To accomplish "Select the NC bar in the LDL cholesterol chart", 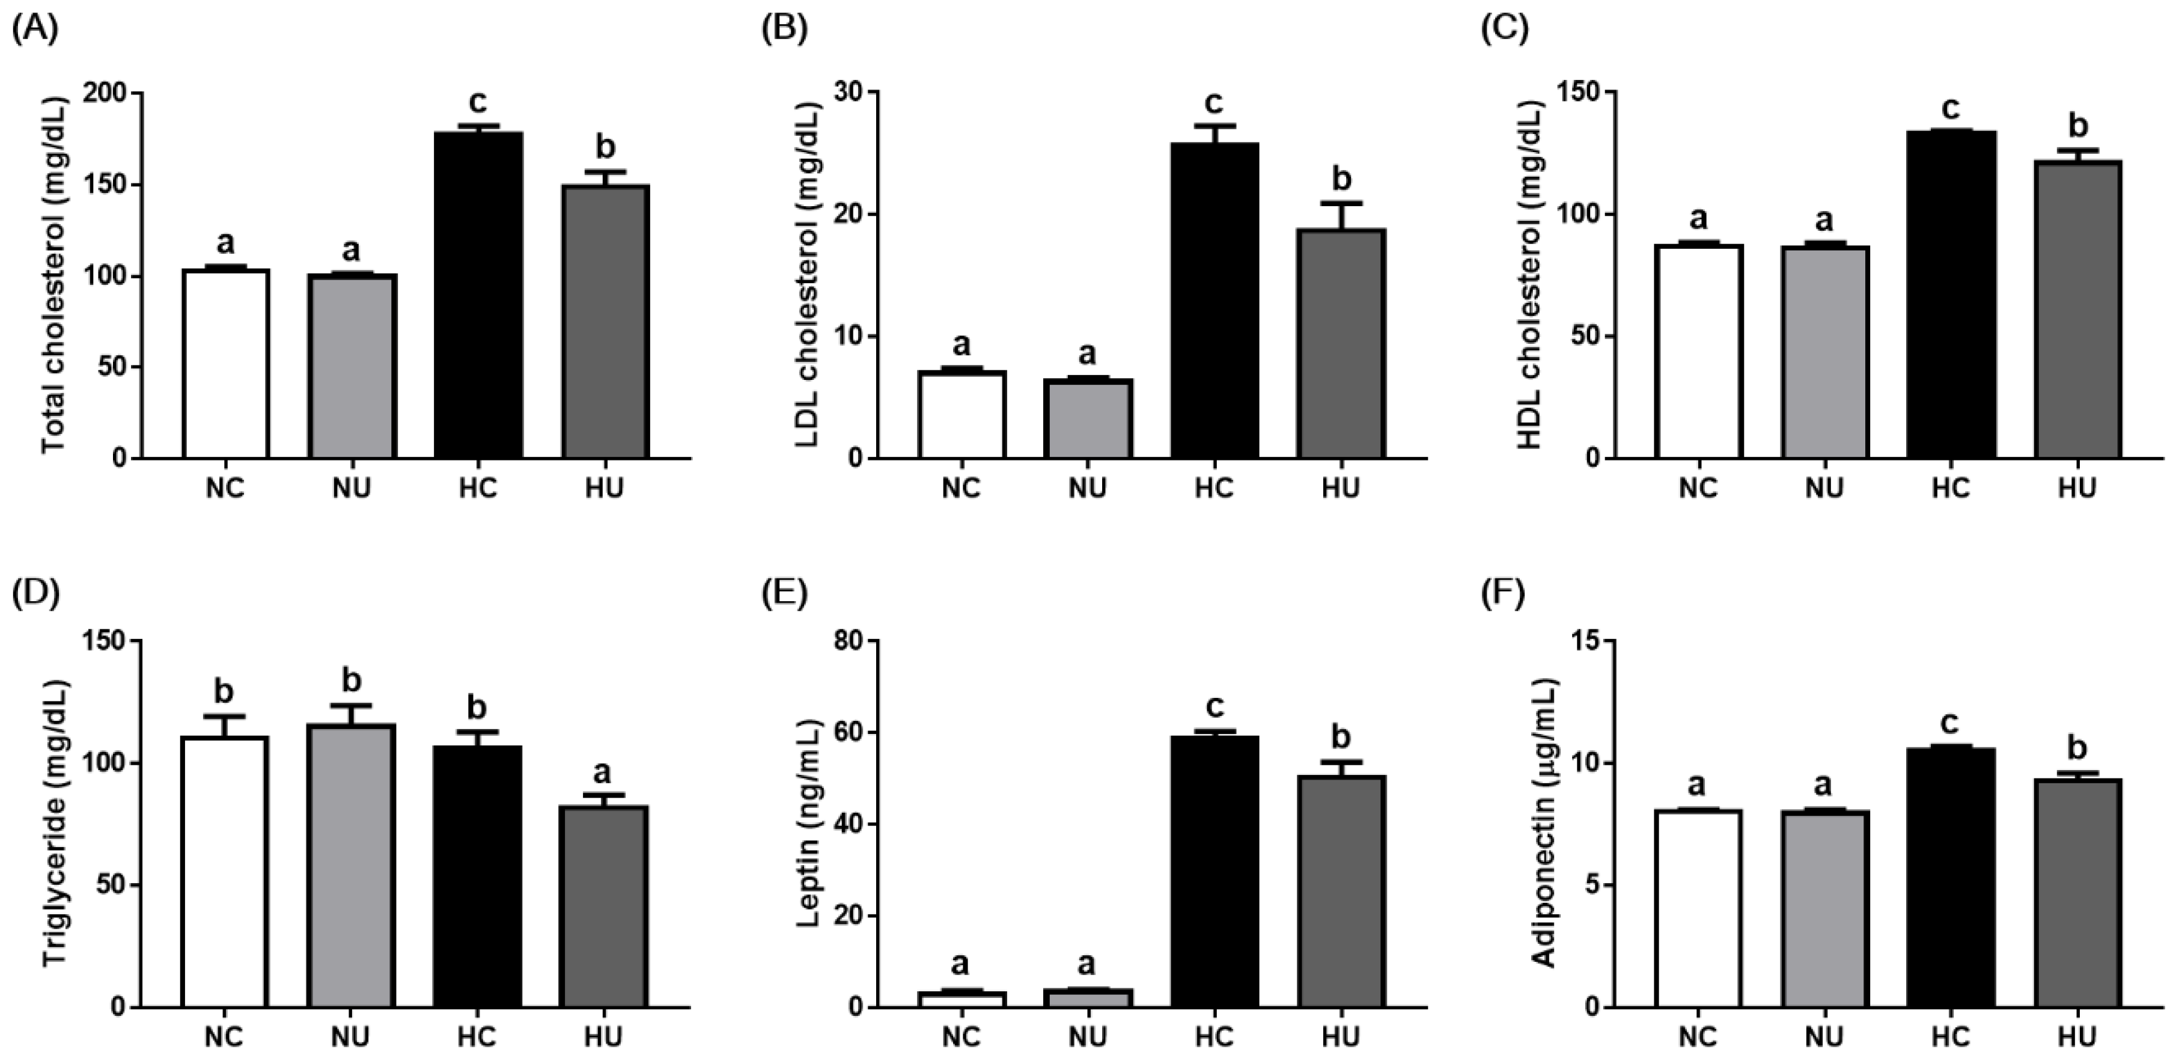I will pos(962,415).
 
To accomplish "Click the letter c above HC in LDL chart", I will pos(1213,103).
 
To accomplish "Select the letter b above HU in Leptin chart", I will pos(1341,737).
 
